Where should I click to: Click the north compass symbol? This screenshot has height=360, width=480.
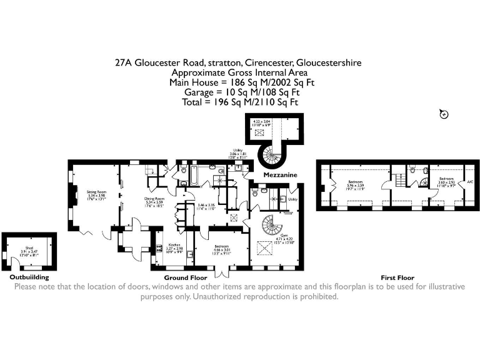444,113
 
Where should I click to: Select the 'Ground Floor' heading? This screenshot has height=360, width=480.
186,277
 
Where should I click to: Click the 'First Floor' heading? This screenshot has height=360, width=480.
397,277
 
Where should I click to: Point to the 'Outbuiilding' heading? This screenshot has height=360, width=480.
29,277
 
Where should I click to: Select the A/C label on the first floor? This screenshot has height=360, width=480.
469,182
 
